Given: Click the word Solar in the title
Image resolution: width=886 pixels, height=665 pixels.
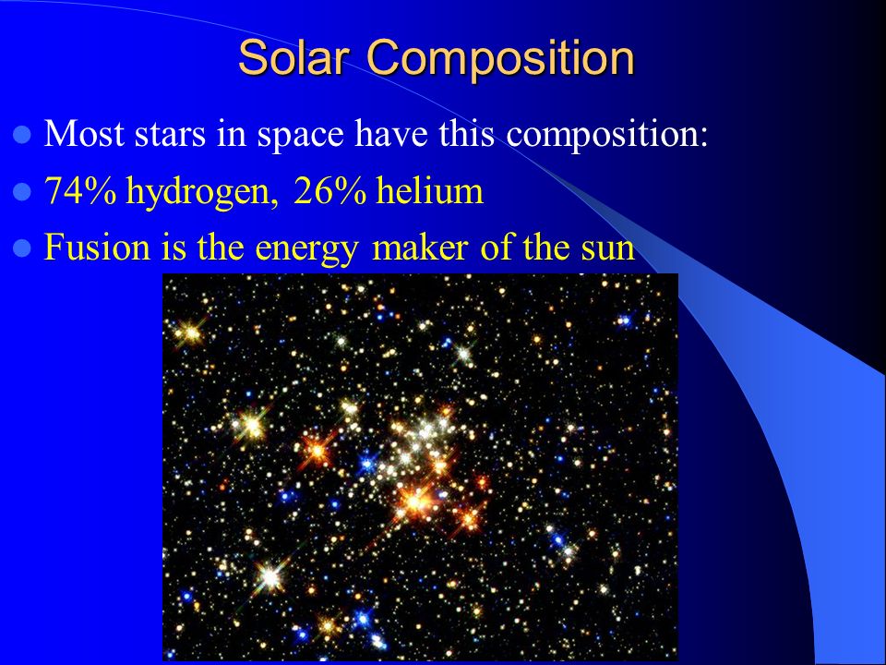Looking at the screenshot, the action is [x=294, y=56].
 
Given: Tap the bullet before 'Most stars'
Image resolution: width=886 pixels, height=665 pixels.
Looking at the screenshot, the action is [x=21, y=135].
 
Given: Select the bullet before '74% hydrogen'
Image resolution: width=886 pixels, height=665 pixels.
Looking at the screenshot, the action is [x=21, y=192].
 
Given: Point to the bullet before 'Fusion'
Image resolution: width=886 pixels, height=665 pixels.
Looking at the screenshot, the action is [x=21, y=248].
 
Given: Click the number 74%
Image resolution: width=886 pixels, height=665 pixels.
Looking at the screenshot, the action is [x=81, y=190].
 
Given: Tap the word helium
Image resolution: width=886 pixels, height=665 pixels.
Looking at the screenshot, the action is [x=429, y=190].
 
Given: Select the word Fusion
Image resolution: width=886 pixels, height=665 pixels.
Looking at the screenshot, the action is [x=97, y=248].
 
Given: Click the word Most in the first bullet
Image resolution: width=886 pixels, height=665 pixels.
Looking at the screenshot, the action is [x=84, y=134].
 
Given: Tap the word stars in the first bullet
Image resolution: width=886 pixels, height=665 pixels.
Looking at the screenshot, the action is [x=170, y=137].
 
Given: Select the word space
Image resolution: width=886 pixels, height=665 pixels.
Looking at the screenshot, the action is [x=301, y=138].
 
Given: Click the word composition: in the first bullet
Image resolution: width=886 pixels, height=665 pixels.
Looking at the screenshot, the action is [x=607, y=137].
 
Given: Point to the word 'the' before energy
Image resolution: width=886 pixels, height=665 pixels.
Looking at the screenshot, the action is [x=221, y=247].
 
